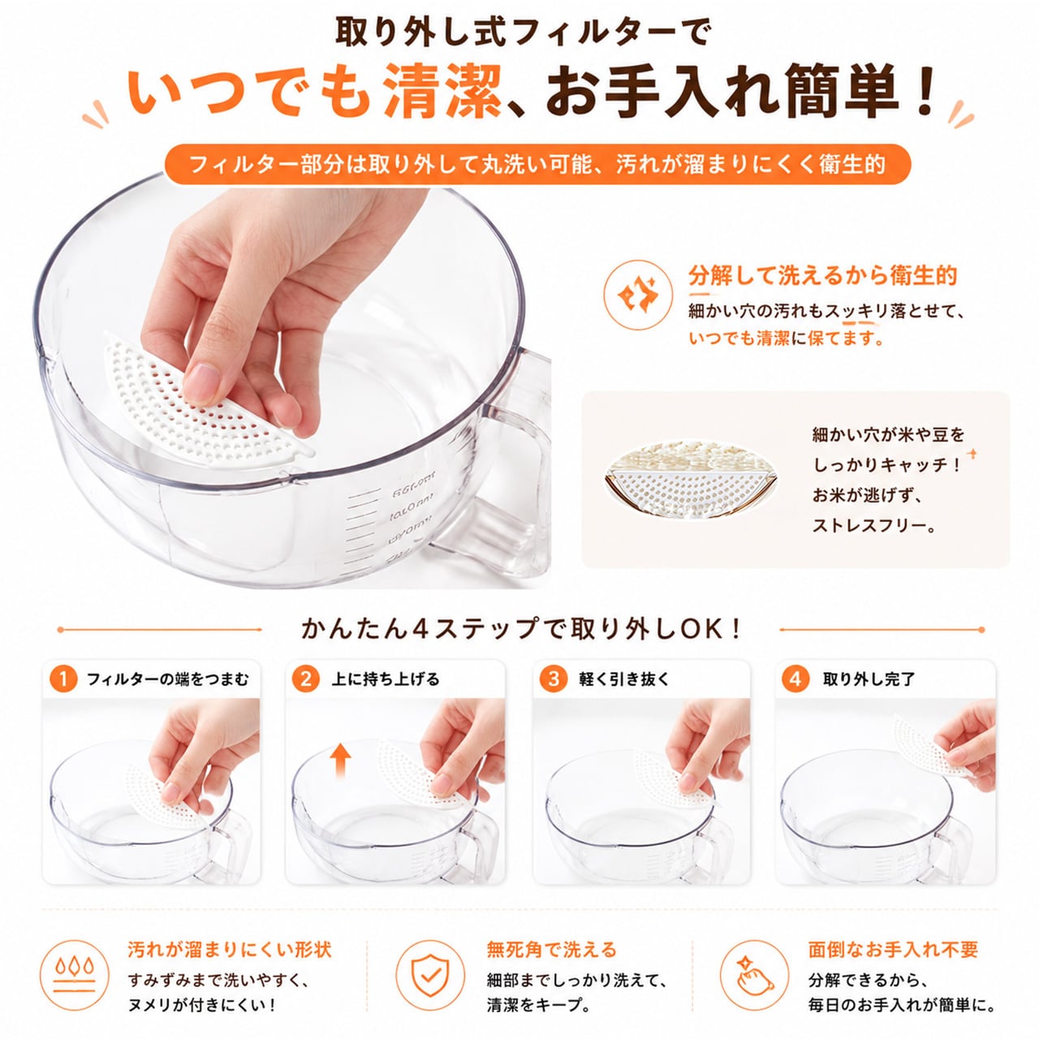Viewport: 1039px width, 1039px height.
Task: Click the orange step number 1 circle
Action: point(63,679)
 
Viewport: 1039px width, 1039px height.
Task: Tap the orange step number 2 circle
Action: point(306,679)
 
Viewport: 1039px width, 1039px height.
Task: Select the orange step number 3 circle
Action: point(554,679)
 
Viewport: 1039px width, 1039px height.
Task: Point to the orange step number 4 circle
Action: point(795,679)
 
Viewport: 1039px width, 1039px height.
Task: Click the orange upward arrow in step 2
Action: point(340,760)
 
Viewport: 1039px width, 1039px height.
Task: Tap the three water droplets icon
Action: point(75,975)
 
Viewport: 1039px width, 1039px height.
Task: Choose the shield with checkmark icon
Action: point(429,975)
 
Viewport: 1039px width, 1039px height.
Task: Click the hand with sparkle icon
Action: point(754,975)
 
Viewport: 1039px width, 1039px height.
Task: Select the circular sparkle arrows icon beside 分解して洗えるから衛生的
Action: point(638,295)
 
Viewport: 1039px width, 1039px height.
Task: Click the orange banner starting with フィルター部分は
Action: point(537,164)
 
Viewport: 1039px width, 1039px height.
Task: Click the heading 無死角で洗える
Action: point(551,950)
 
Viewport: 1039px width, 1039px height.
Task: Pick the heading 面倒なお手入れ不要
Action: point(893,950)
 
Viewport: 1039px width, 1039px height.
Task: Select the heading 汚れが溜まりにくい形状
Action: point(230,950)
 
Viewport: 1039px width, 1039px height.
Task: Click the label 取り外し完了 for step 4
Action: point(869,679)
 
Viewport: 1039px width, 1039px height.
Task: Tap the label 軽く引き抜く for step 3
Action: point(624,679)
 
